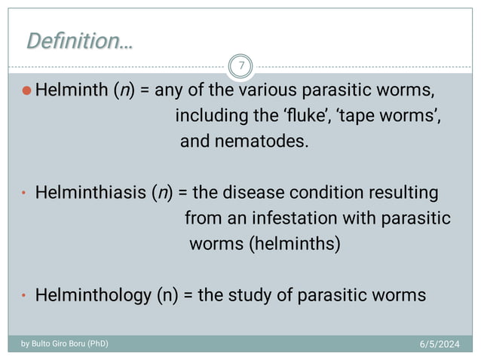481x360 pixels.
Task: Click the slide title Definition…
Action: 79,41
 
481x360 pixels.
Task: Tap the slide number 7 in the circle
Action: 240,66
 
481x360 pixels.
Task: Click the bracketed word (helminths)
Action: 296,244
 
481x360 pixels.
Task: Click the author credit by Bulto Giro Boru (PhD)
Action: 64,343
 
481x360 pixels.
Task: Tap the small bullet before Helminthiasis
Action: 23,194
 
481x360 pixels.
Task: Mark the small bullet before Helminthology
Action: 23,296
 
